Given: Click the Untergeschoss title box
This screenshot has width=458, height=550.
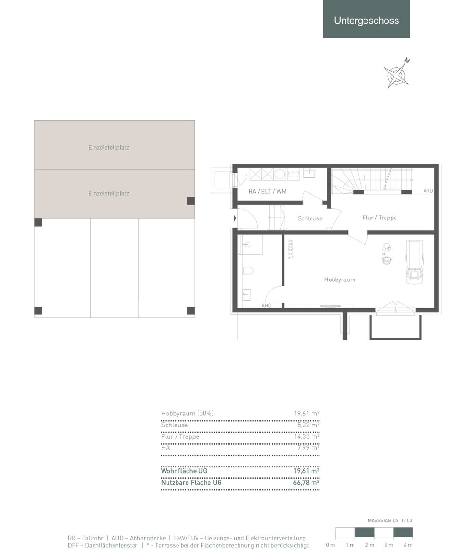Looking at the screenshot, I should tap(366, 20).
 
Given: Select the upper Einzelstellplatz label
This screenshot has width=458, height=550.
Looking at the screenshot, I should tap(108, 148).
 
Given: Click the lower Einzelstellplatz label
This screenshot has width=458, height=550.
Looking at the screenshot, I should tap(108, 194).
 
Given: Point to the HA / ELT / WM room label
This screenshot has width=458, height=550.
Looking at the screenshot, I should tap(267, 191).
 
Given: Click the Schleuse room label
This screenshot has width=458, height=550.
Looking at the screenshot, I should tap(310, 218).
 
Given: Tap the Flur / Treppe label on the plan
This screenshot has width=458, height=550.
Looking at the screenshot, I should tap(379, 218).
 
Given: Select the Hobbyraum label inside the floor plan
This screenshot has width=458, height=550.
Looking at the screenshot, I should tap(340, 280).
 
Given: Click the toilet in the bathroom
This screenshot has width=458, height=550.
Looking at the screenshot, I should tap(247, 271).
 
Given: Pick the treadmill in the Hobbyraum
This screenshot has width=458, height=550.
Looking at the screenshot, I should tap(415, 262).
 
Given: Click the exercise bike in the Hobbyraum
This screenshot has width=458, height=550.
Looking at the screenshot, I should tap(386, 254).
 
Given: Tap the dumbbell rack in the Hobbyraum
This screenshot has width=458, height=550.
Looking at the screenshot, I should tap(290, 249).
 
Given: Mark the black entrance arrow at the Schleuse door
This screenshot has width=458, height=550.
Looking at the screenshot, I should tap(235, 218).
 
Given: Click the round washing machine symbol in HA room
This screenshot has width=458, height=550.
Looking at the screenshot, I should tap(280, 174).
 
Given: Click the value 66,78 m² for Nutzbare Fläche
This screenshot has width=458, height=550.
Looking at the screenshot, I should tap(306, 482).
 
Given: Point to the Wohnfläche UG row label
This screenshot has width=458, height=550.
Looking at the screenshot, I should tap(184, 471).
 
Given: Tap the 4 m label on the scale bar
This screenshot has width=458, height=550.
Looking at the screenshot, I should tap(408, 545).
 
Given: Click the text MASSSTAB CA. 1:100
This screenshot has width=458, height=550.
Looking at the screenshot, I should tap(390, 521).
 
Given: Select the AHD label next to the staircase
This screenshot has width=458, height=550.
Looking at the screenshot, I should tap(428, 191).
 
